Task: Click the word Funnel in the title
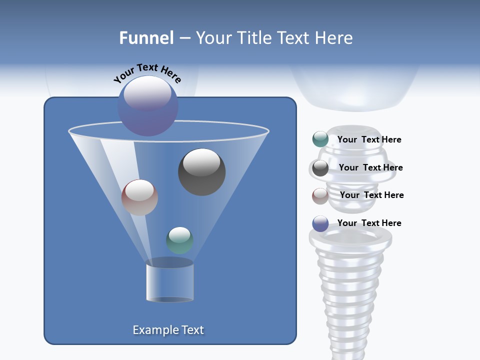[x=146, y=38]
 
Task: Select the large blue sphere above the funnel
[x=148, y=105]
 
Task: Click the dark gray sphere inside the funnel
[x=201, y=171]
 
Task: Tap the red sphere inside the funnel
[x=139, y=197]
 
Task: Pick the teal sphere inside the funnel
[x=179, y=240]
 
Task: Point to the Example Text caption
[x=168, y=330]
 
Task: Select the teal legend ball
[x=320, y=139]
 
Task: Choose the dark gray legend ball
[x=320, y=167]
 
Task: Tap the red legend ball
[x=320, y=195]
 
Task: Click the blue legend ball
[x=320, y=223]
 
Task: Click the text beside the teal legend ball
[x=369, y=139]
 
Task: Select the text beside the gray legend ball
[x=370, y=167]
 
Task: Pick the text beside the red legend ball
[x=371, y=195]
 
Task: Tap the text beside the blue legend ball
[x=369, y=223]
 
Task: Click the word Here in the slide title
[x=334, y=38]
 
